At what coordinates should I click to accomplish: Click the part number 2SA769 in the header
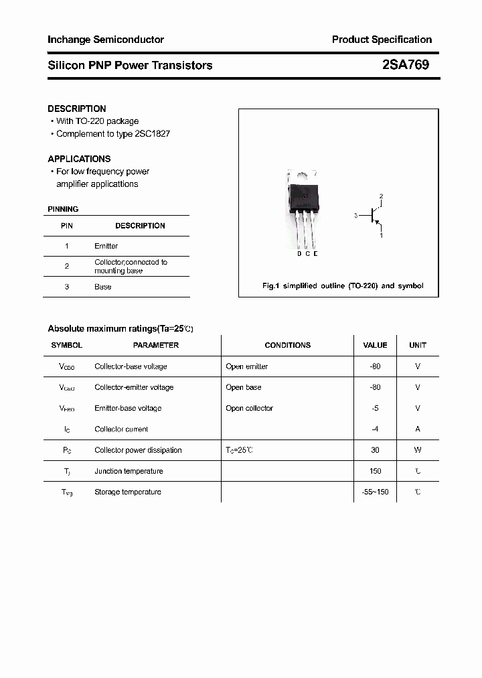point(406,65)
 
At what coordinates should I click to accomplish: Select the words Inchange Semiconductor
point(106,40)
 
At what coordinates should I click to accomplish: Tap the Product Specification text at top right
point(382,40)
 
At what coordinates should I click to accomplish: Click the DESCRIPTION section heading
point(77,109)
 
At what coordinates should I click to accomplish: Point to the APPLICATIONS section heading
point(79,159)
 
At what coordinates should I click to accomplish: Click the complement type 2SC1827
point(153,133)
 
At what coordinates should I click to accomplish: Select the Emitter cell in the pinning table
point(106,246)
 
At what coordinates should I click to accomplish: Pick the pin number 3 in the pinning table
point(67,287)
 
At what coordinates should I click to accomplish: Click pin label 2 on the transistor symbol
point(381,196)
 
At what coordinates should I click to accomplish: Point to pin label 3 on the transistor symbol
point(356,216)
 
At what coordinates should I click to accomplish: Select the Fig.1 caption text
point(342,286)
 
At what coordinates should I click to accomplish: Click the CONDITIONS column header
point(288,345)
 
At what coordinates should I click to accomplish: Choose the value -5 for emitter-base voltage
point(375,408)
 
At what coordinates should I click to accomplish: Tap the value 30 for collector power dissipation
point(375,450)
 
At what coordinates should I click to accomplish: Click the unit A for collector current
point(418,429)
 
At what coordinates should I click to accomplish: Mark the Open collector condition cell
point(250,408)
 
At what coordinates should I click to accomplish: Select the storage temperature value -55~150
point(375,492)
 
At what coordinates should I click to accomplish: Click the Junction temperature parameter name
point(129,471)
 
